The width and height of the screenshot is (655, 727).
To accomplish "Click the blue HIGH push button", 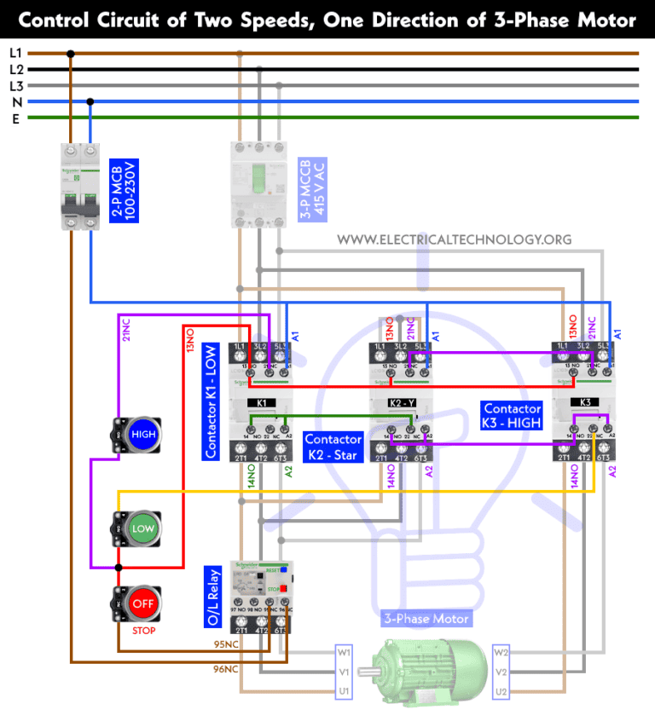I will (x=142, y=435).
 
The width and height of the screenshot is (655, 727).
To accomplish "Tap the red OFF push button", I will (x=142, y=603).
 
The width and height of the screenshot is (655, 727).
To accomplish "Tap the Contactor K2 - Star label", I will (x=333, y=447).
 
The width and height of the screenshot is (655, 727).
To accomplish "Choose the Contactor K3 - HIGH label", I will (x=513, y=417).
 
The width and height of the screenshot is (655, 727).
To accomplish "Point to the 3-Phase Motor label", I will (x=426, y=619).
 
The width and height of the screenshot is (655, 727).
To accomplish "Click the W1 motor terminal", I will (x=344, y=653).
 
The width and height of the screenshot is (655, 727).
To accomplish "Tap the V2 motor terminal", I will (x=502, y=672).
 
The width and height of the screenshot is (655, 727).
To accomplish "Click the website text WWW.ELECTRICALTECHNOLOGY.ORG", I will (x=454, y=239).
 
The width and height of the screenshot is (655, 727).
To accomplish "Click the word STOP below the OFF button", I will (x=142, y=632).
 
